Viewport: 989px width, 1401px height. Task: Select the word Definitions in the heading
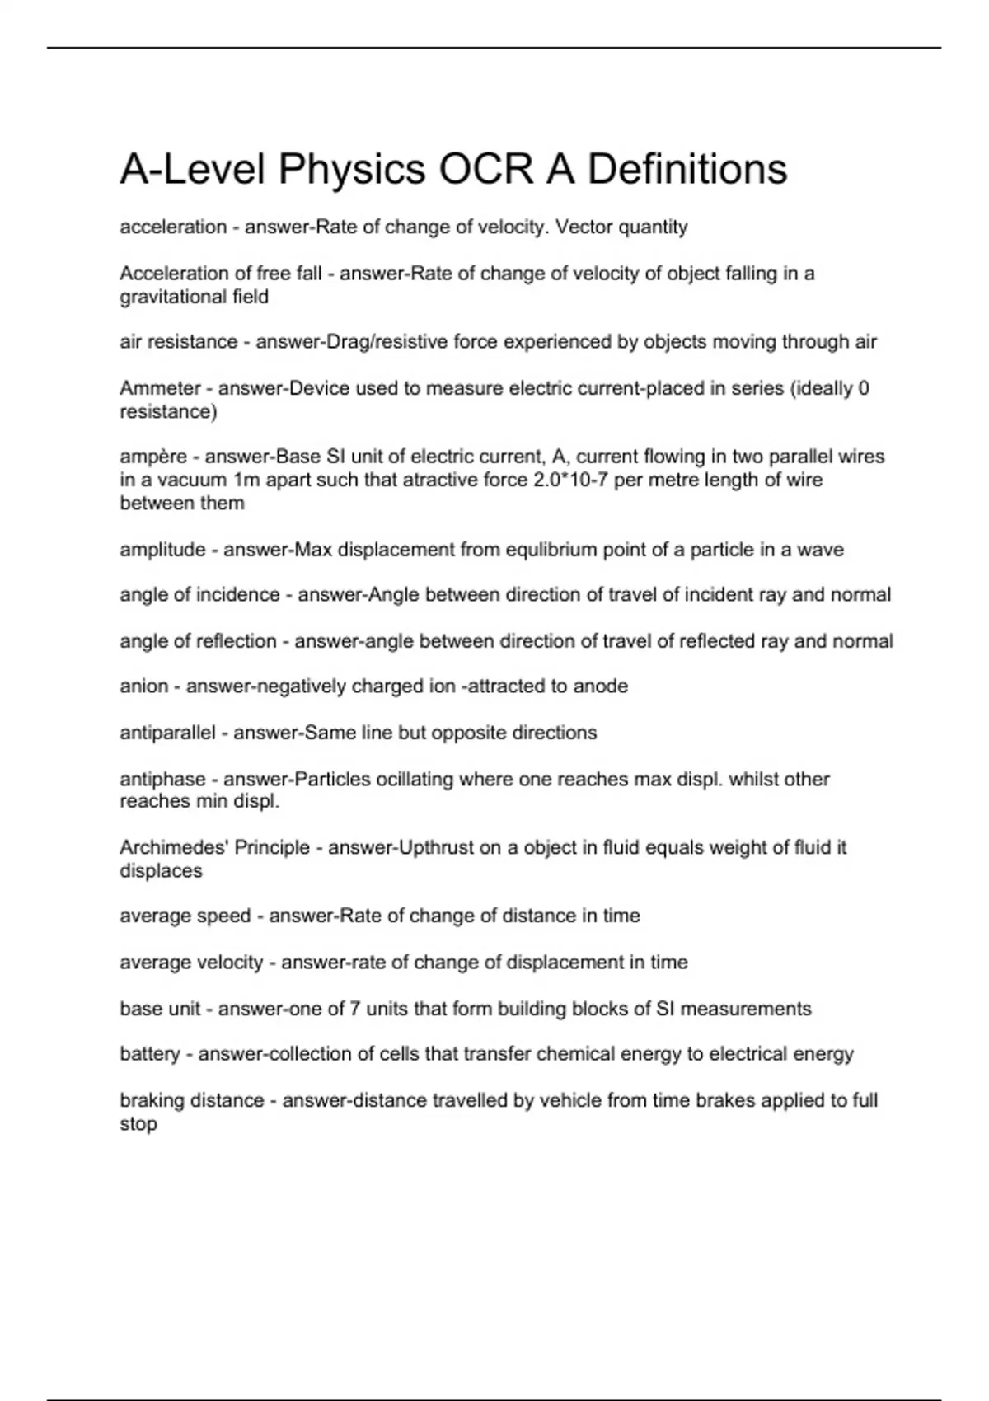click(687, 170)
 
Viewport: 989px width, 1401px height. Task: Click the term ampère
click(153, 457)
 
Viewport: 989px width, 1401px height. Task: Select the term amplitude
click(162, 550)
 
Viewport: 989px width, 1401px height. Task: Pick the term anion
click(143, 686)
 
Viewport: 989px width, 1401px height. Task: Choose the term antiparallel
click(167, 733)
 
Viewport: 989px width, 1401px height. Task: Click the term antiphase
click(162, 779)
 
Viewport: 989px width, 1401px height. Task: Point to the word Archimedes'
click(174, 848)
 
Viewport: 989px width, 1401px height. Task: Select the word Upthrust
click(435, 848)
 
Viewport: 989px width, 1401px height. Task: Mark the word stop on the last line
click(138, 1124)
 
